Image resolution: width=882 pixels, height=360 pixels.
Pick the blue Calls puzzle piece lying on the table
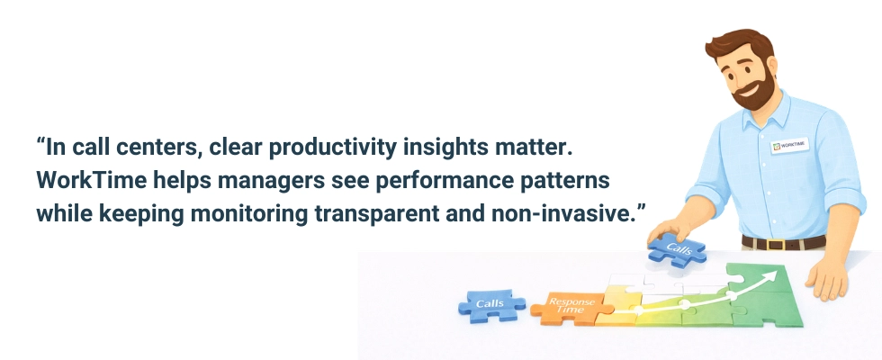tap(490, 305)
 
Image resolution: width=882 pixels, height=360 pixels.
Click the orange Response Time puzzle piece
tap(564, 308)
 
